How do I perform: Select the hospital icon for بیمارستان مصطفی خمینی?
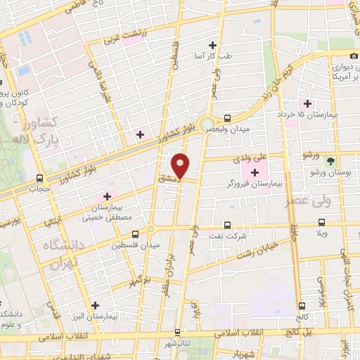(x=107, y=196)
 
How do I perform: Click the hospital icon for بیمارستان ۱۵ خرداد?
(x=307, y=103)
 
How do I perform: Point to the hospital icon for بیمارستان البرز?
(x=96, y=305)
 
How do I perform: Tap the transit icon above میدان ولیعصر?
(x=227, y=118)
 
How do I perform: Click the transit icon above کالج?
(x=302, y=306)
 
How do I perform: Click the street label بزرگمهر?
(x=141, y=281)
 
